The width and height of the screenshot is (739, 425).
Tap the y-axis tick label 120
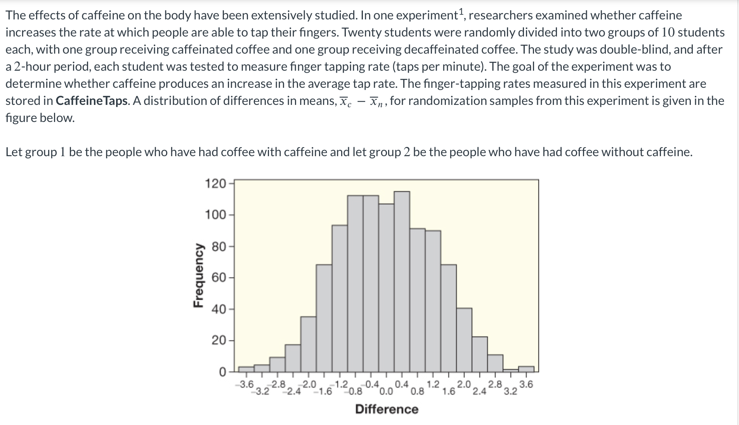click(x=215, y=183)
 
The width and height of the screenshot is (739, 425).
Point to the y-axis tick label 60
click(x=218, y=278)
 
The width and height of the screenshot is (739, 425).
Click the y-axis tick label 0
click(x=222, y=372)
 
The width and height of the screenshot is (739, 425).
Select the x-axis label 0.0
click(x=386, y=392)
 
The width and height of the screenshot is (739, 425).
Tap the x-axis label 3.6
click(x=526, y=385)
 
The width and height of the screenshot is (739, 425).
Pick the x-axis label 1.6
click(x=449, y=392)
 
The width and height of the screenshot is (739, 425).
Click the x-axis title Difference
click(x=387, y=409)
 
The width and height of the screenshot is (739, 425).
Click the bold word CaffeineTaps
click(x=92, y=101)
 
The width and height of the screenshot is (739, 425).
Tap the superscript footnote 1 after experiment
click(x=461, y=12)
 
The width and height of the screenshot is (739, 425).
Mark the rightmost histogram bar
click(x=526, y=369)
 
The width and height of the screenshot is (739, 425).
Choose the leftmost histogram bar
click(x=246, y=369)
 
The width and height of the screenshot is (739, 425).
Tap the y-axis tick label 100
click(x=215, y=215)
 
